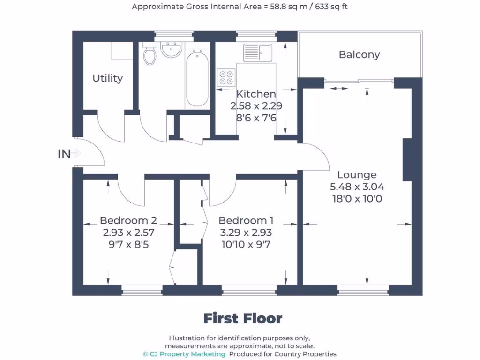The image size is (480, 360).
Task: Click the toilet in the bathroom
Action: tap(150, 55)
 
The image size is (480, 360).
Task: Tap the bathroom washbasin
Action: tap(172, 50)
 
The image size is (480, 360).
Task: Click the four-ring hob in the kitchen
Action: tap(226, 78)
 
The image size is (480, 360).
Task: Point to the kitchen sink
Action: tap(257, 52)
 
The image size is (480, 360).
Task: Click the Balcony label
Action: tap(359, 55)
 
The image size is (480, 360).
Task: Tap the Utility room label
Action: tap(107, 78)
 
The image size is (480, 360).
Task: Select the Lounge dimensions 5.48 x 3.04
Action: tap(357, 187)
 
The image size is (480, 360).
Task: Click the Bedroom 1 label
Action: tap(246, 220)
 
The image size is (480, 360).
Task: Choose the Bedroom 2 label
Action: tap(128, 220)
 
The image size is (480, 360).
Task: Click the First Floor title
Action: tap(243, 319)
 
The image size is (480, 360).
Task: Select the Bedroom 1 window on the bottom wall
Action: tap(249, 292)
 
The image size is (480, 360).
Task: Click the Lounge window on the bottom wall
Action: tap(363, 292)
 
